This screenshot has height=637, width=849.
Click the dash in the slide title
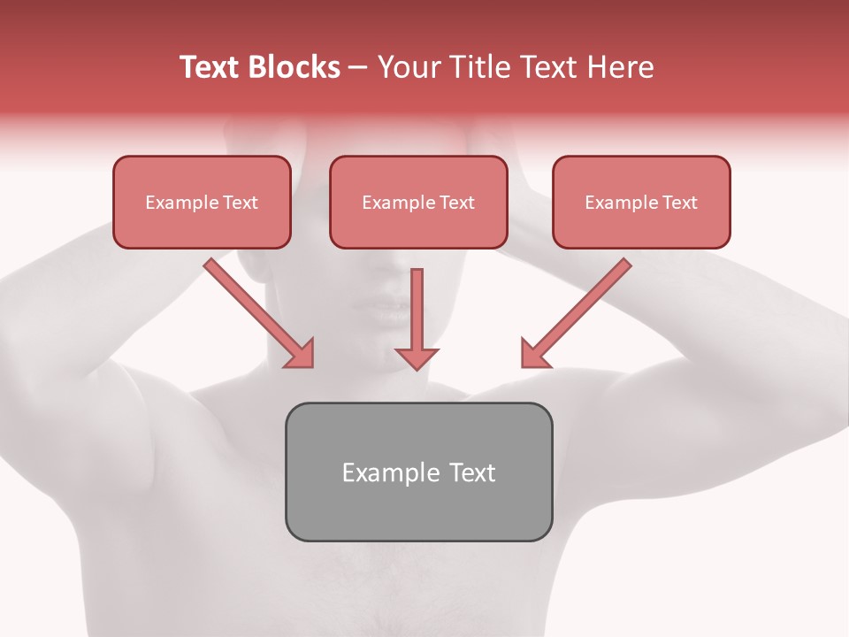coord(358,68)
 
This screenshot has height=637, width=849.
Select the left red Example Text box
coord(202,203)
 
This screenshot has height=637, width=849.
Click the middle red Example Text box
coord(418,203)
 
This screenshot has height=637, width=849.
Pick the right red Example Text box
coord(641,203)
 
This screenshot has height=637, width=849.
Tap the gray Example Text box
coord(418,472)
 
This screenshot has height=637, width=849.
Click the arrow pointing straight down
coord(417,310)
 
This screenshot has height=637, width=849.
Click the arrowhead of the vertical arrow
coord(417,357)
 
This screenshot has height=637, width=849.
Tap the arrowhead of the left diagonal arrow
coord(301,354)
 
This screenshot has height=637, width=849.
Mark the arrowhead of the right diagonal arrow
coord(533,354)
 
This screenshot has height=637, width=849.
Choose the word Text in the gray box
coord(472,472)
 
